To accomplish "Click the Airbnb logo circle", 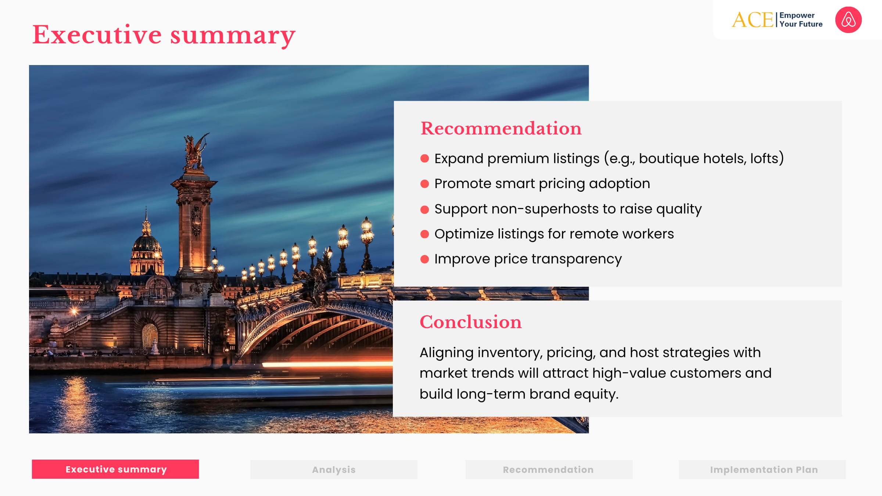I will point(848,20).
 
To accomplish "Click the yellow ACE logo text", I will point(752,20).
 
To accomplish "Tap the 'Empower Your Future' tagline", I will point(801,20).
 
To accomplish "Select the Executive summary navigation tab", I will point(115,469).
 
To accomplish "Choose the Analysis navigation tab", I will point(334,470).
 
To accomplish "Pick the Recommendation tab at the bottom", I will point(549,470).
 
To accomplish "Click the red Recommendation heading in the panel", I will point(501,129).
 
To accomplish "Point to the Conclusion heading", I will point(470,322).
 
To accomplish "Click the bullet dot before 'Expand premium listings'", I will point(424,159).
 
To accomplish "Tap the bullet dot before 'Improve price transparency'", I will point(424,259).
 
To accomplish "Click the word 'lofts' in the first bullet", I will point(764,158).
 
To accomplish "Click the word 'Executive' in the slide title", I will point(97,35).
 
